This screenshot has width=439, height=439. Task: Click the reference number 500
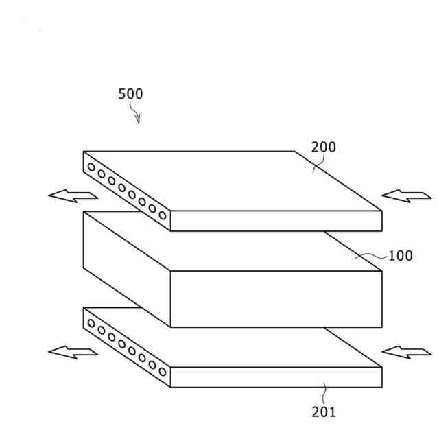tap(130, 94)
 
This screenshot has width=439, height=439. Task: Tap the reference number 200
tap(324, 147)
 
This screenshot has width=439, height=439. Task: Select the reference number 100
tap(401, 257)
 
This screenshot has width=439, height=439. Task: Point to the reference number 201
tap(324, 412)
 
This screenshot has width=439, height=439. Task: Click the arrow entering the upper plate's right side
tap(405, 196)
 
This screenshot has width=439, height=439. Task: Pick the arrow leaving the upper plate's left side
tap(73, 195)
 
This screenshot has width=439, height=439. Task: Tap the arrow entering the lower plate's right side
tap(405, 353)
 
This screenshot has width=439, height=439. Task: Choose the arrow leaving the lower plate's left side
tap(73, 353)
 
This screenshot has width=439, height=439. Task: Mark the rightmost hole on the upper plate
tap(163, 215)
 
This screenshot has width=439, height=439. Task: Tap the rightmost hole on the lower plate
tap(163, 372)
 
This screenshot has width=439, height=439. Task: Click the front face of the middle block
tap(275, 298)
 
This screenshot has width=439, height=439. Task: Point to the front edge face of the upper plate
tap(275, 220)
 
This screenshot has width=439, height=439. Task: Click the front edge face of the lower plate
tap(275, 377)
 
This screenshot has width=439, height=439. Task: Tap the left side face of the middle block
tap(126, 268)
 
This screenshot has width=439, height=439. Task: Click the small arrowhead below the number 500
tap(139, 119)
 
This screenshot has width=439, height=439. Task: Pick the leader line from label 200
tap(318, 163)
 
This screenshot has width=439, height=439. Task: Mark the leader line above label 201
tap(325, 394)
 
